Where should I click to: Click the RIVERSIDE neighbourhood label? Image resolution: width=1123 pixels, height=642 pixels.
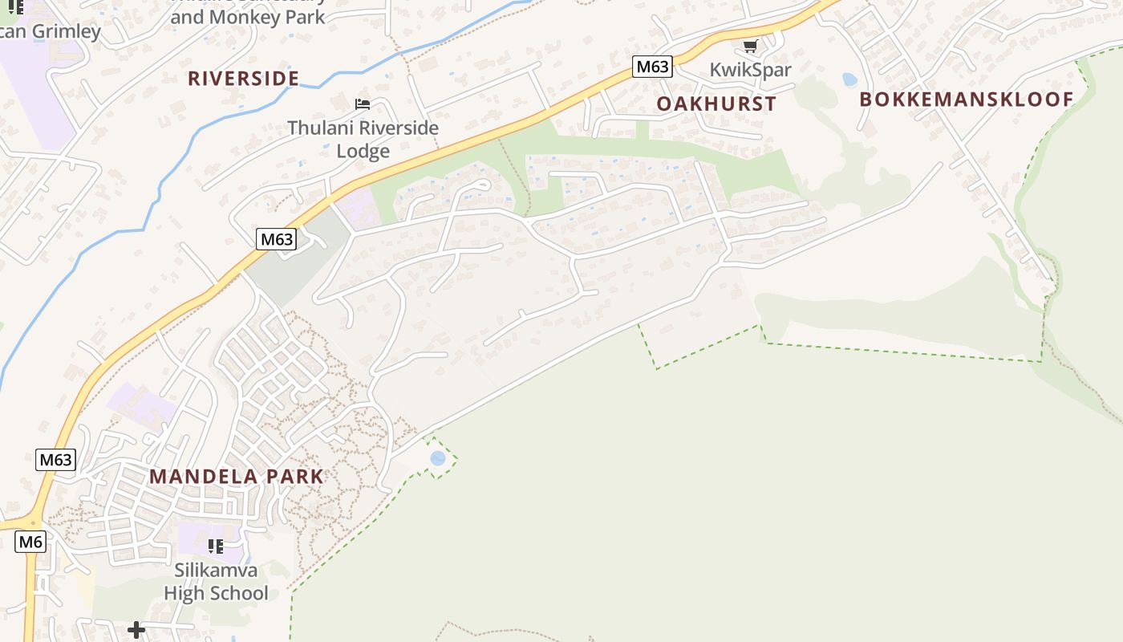[x=243, y=78]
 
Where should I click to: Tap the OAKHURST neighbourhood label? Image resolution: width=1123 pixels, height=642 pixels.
[x=716, y=104]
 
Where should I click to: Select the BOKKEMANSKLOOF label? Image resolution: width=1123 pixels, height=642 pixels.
[x=966, y=100]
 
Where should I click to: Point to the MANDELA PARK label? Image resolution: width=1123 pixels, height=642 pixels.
[x=237, y=476]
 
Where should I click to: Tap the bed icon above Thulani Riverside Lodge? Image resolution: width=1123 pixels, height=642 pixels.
[x=363, y=104]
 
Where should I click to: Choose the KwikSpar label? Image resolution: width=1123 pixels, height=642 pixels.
[x=750, y=70]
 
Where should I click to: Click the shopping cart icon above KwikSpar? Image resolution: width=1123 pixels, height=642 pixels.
[x=750, y=47]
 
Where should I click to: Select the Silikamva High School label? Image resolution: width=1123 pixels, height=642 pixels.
[x=216, y=582]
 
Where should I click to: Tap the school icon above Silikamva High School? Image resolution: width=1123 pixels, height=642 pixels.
[x=215, y=547]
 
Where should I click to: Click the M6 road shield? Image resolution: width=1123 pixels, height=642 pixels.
[x=30, y=542]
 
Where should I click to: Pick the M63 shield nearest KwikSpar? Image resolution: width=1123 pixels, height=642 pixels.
[x=651, y=67]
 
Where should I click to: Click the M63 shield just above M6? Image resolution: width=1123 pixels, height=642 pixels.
[x=56, y=460]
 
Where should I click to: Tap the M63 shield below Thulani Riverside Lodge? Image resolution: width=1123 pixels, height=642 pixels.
[x=276, y=238]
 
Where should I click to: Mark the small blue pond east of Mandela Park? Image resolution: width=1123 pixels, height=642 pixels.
[x=438, y=458]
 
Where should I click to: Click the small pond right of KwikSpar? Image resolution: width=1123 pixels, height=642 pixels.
[x=849, y=79]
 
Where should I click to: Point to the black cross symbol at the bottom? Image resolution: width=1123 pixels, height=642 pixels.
[x=136, y=629]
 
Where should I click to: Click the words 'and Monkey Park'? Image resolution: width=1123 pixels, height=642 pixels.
[x=248, y=17]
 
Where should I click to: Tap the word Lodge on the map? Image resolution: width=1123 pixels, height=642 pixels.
[x=363, y=151]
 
